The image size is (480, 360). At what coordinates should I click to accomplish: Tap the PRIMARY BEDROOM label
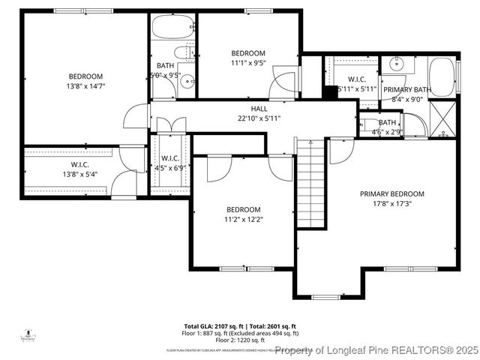[391, 193]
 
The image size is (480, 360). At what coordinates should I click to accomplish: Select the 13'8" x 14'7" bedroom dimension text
[85, 85]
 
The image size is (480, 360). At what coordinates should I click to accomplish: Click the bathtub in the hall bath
[172, 28]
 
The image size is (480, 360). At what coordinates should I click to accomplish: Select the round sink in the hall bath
[187, 82]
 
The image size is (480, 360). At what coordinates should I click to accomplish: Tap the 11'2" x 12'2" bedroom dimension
[244, 219]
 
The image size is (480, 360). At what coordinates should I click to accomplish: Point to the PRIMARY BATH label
[406, 90]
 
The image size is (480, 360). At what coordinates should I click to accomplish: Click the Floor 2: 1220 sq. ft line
[208, 340]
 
